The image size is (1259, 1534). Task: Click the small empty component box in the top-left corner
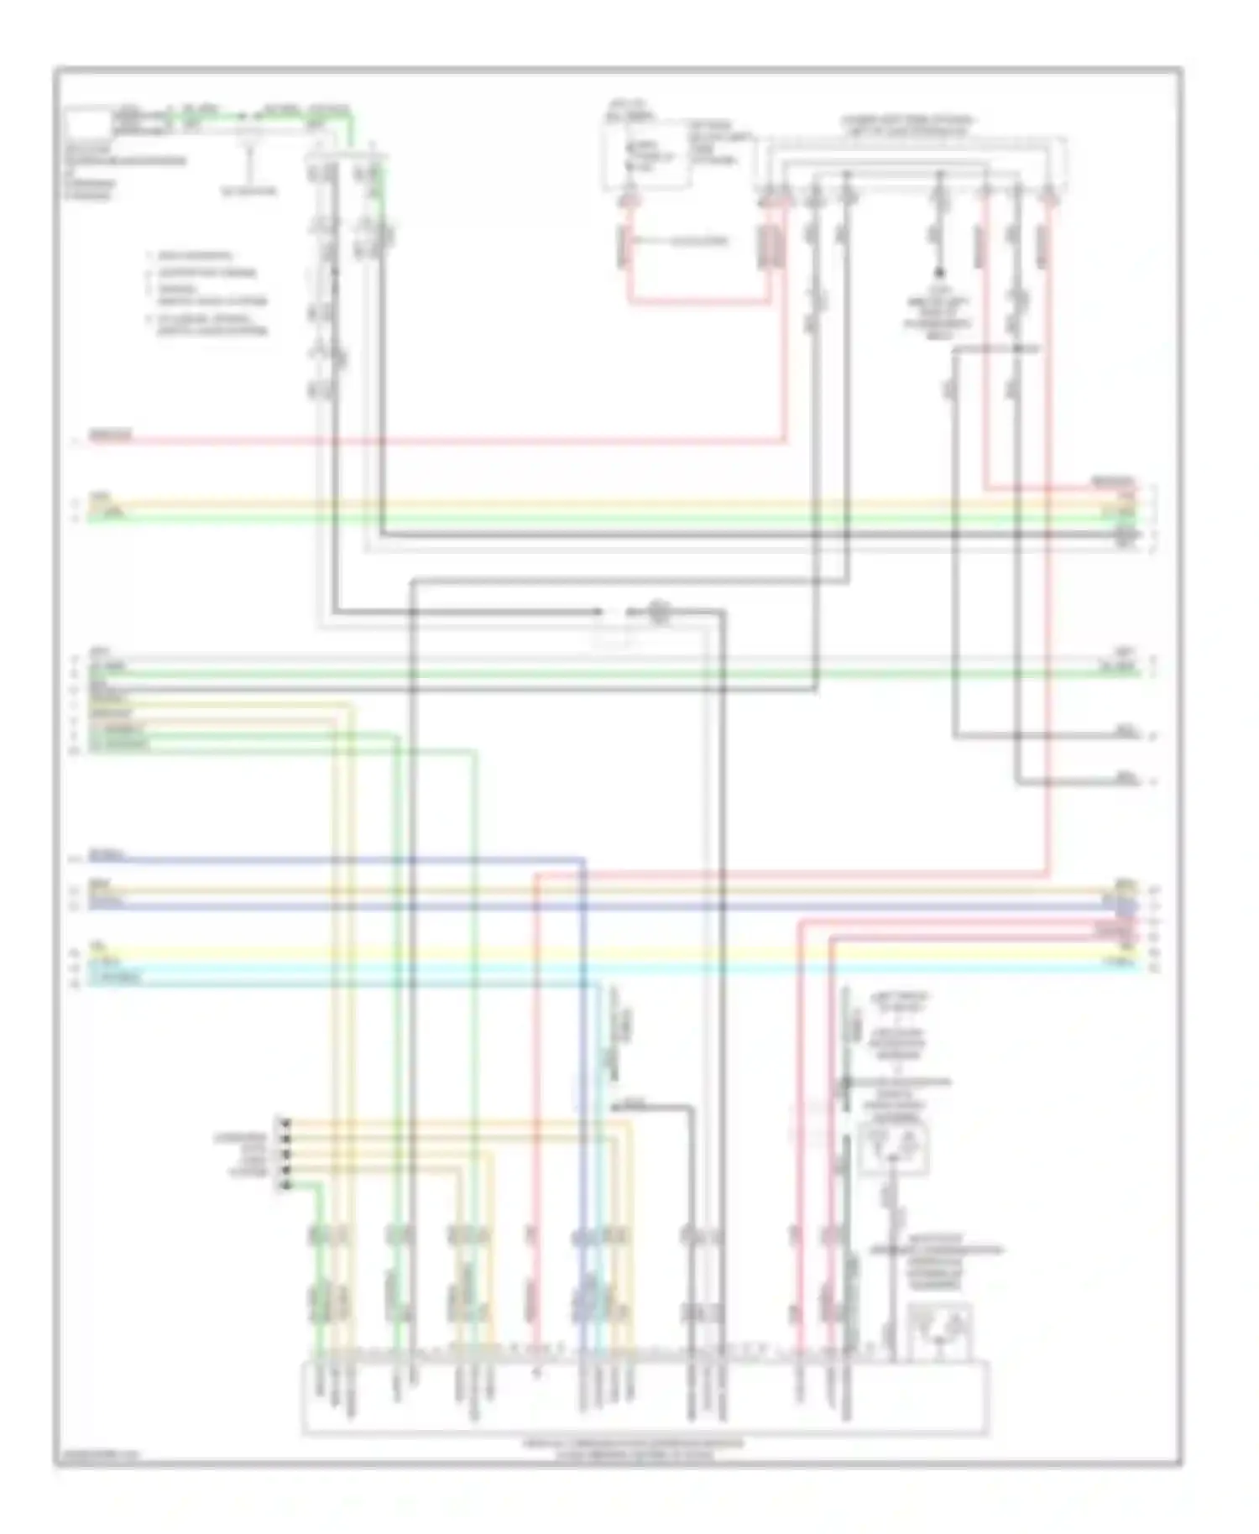[88, 123]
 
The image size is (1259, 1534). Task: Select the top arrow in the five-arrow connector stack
[285, 1121]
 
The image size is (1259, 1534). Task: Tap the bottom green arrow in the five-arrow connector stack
[285, 1185]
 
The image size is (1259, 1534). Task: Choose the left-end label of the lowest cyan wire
[116, 978]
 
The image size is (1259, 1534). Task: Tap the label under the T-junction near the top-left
[248, 191]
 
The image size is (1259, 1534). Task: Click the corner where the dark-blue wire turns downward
[583, 860]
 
